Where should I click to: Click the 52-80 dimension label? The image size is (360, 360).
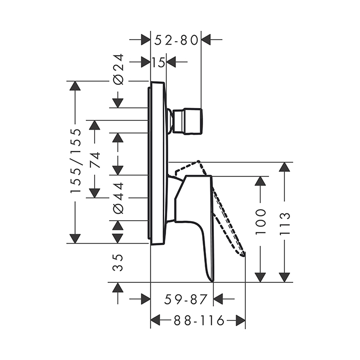click(x=176, y=41)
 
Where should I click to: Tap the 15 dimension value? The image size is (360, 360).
click(x=158, y=62)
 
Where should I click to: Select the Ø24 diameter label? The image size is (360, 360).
click(x=118, y=69)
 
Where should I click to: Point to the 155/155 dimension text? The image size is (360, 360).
click(x=76, y=160)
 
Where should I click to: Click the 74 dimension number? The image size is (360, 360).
click(x=95, y=160)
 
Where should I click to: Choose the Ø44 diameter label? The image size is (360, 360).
click(x=118, y=197)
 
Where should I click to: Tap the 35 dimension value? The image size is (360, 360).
click(x=118, y=263)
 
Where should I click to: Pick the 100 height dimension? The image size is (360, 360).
click(x=260, y=222)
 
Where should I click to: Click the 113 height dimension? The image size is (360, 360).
click(x=285, y=224)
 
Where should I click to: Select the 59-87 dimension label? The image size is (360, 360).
click(x=186, y=300)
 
